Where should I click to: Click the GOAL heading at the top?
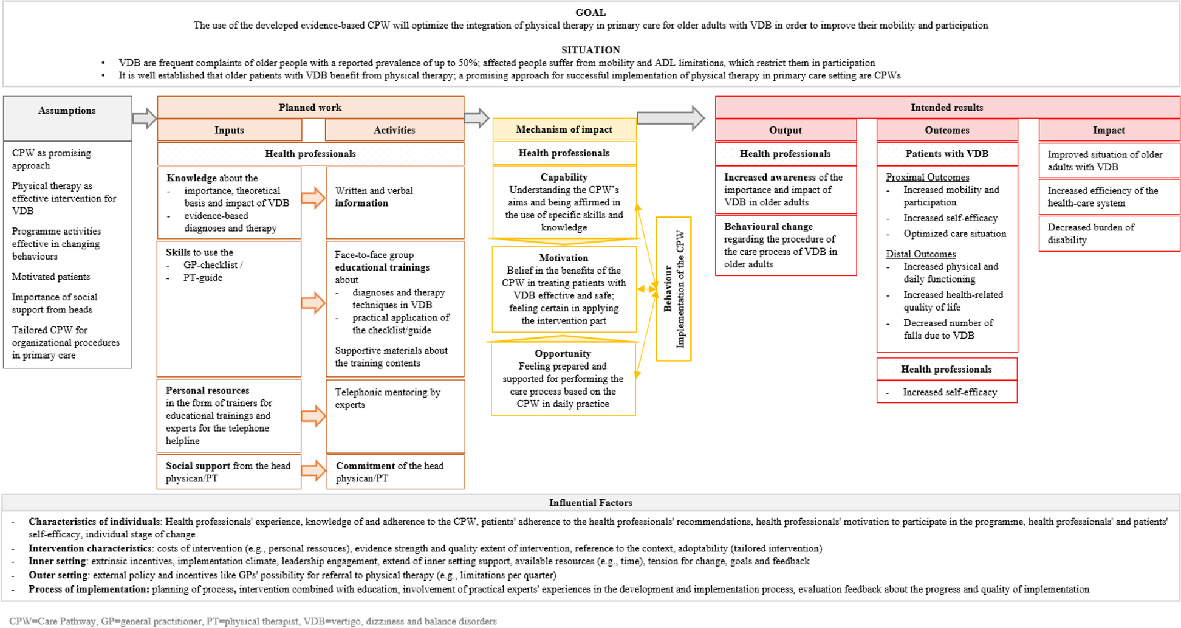pos(590,12)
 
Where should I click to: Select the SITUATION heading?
pos(590,50)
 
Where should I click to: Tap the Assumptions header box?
pos(67,111)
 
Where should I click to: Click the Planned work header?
pos(310,108)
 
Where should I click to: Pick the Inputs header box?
pos(229,130)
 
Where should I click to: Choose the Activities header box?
pos(394,130)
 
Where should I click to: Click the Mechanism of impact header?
pos(564,129)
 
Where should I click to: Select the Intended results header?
pos(947,108)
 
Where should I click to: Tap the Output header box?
pos(786,130)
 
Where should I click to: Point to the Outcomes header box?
pos(947,130)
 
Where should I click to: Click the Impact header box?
pos(1109,130)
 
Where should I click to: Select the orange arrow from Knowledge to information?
pos(313,198)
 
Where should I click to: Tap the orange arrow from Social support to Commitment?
pos(313,471)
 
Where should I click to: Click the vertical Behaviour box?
pos(673,289)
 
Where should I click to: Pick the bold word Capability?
pos(564,177)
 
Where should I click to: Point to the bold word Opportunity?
pos(563,353)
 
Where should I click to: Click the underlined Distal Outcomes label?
pos(920,254)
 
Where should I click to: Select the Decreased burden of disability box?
pos(1109,233)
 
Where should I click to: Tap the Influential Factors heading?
pos(590,503)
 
